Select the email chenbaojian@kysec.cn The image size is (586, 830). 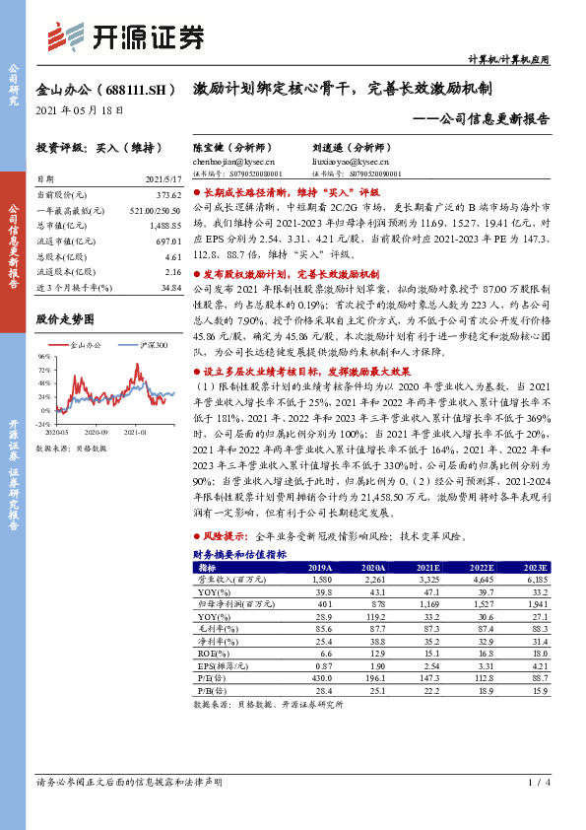pos(234,161)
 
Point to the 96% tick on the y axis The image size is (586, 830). pos(43,356)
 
